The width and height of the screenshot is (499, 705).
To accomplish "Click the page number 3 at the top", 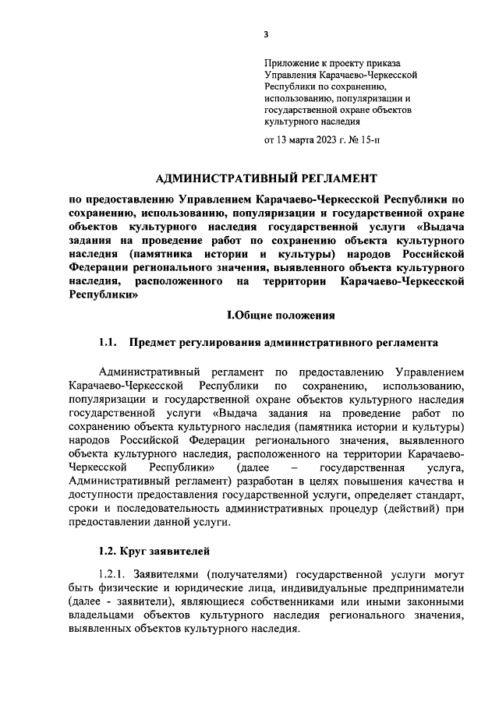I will (x=265, y=34).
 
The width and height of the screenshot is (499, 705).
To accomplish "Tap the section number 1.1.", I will (x=108, y=343).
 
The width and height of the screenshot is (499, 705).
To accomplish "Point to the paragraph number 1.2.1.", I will (x=111, y=576).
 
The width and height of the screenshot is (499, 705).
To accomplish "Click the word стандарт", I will (x=435, y=495).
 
